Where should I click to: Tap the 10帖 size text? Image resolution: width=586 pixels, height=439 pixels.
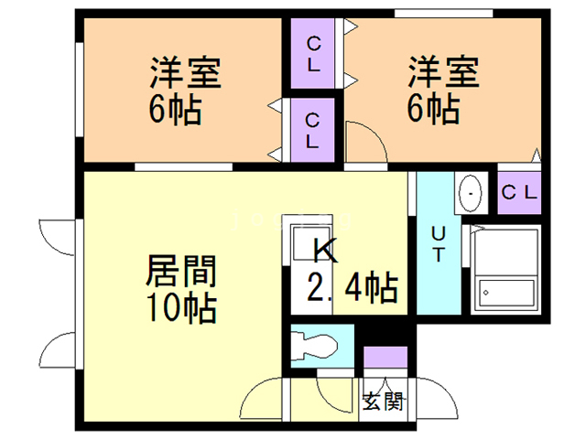pyautogui.click(x=181, y=307)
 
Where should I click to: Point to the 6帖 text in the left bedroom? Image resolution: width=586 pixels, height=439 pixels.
pyautogui.click(x=175, y=111)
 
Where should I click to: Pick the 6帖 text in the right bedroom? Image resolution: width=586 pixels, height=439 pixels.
pyautogui.click(x=433, y=111)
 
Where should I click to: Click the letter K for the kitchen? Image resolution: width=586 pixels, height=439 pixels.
pyautogui.click(x=325, y=249)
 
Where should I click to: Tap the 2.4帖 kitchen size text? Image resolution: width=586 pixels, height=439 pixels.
pyautogui.click(x=351, y=290)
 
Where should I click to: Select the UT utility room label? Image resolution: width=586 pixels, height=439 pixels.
pyautogui.click(x=439, y=242)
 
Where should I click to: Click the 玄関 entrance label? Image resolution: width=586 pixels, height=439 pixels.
pyautogui.click(x=383, y=400)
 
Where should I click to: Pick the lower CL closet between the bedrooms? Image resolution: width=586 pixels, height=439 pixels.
pyautogui.click(x=313, y=130)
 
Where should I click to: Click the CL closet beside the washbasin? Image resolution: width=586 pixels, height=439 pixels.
pyautogui.click(x=520, y=193)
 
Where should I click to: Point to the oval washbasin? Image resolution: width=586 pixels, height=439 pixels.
pyautogui.click(x=471, y=193)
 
